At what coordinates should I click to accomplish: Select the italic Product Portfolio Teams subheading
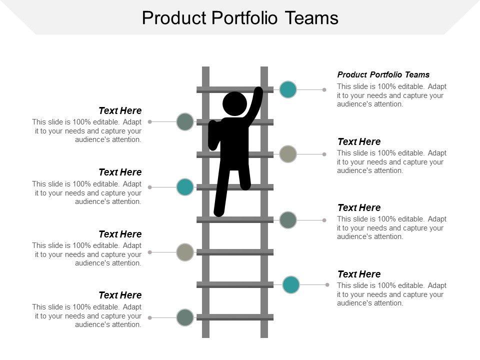tap(383, 75)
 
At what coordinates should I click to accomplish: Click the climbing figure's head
tap(234, 103)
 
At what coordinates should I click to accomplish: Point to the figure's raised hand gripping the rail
tap(258, 92)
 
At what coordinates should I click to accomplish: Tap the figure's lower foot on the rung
tap(218, 212)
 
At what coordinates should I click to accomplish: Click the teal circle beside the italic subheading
tap(288, 89)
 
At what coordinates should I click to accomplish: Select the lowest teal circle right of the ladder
tap(291, 284)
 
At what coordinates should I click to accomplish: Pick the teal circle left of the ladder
tap(185, 187)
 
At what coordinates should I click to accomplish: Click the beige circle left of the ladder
tap(185, 252)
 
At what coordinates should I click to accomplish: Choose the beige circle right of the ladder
tap(288, 154)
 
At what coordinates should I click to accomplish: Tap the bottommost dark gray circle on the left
tap(185, 317)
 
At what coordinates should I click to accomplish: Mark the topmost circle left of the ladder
tap(185, 121)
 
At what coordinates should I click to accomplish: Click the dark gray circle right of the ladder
tap(288, 220)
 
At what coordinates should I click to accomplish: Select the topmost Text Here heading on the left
tap(120, 110)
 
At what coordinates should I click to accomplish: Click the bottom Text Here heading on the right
tap(359, 274)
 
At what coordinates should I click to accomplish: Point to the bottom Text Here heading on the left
tap(120, 295)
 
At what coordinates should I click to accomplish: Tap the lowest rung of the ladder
tap(235, 317)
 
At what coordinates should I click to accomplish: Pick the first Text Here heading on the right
tap(359, 141)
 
